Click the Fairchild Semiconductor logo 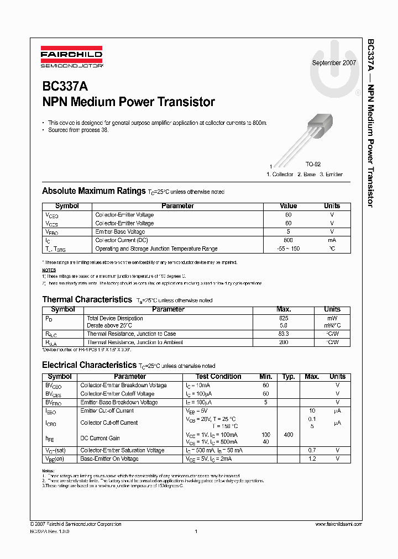pos(71,58)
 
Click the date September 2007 pos(334,63)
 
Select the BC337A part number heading pos(65,87)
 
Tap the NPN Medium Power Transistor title pos(128,102)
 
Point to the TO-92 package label pos(313,165)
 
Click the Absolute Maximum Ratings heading pos(93,191)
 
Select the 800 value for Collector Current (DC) pos(288,240)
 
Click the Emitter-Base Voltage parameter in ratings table pos(120,232)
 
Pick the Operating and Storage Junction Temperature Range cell pos(156,249)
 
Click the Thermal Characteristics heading pos(87,300)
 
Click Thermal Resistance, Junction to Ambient pos(135,342)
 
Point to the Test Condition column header pos(218,377)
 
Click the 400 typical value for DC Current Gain pos(288,435)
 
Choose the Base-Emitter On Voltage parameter pos(109,459)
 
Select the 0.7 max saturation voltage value pos(312,451)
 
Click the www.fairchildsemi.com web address pos(338,524)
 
